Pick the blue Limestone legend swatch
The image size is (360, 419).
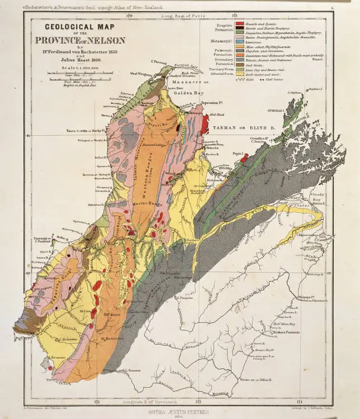point(239,42)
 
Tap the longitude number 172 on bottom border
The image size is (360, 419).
point(97,401)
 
